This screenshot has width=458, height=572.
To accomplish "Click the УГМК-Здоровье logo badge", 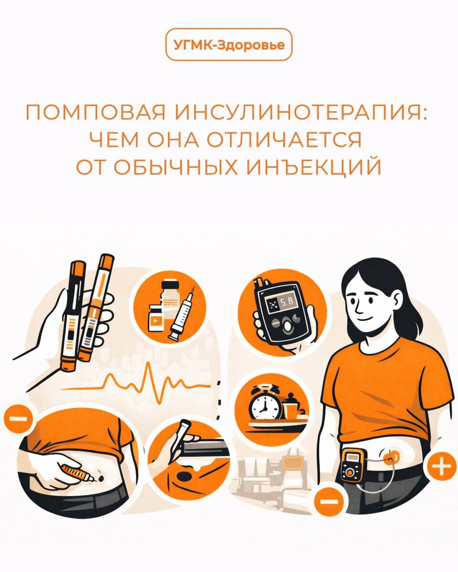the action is click(x=229, y=45).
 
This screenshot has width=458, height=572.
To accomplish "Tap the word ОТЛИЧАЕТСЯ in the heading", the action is click(x=284, y=140).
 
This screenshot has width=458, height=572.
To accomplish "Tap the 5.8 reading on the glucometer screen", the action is click(x=287, y=301).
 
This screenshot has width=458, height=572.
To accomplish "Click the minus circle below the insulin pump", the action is click(x=329, y=501).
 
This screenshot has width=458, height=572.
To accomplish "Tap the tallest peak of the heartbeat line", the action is click(x=148, y=364).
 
